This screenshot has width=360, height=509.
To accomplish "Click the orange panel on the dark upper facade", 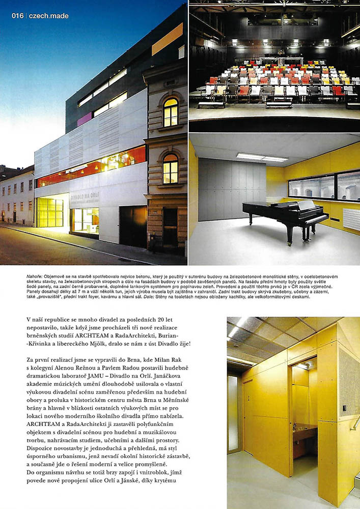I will [x=167, y=39].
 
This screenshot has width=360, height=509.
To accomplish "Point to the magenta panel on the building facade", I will [x=84, y=119].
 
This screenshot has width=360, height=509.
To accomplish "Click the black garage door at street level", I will [x=133, y=226].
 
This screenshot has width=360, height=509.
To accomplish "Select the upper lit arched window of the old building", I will [x=171, y=112].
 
